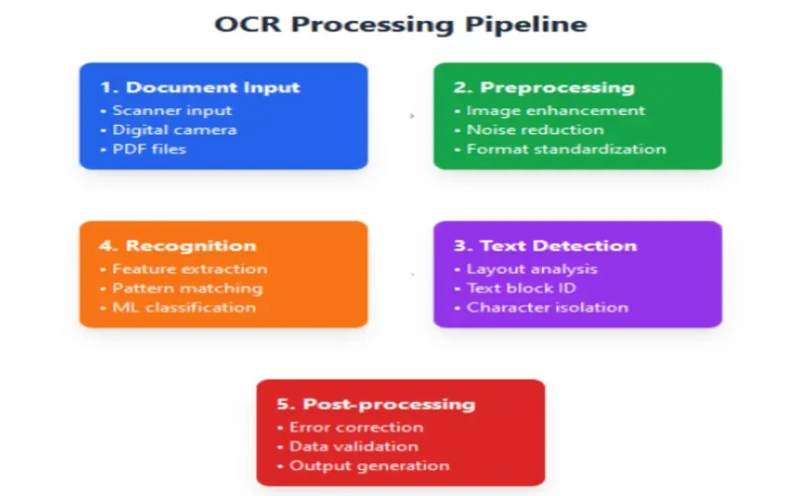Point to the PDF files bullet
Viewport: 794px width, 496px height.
coord(149,149)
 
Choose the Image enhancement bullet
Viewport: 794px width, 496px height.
coord(550,110)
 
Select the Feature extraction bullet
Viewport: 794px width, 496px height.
coord(183,269)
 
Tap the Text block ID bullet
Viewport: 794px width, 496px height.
coord(521,288)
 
